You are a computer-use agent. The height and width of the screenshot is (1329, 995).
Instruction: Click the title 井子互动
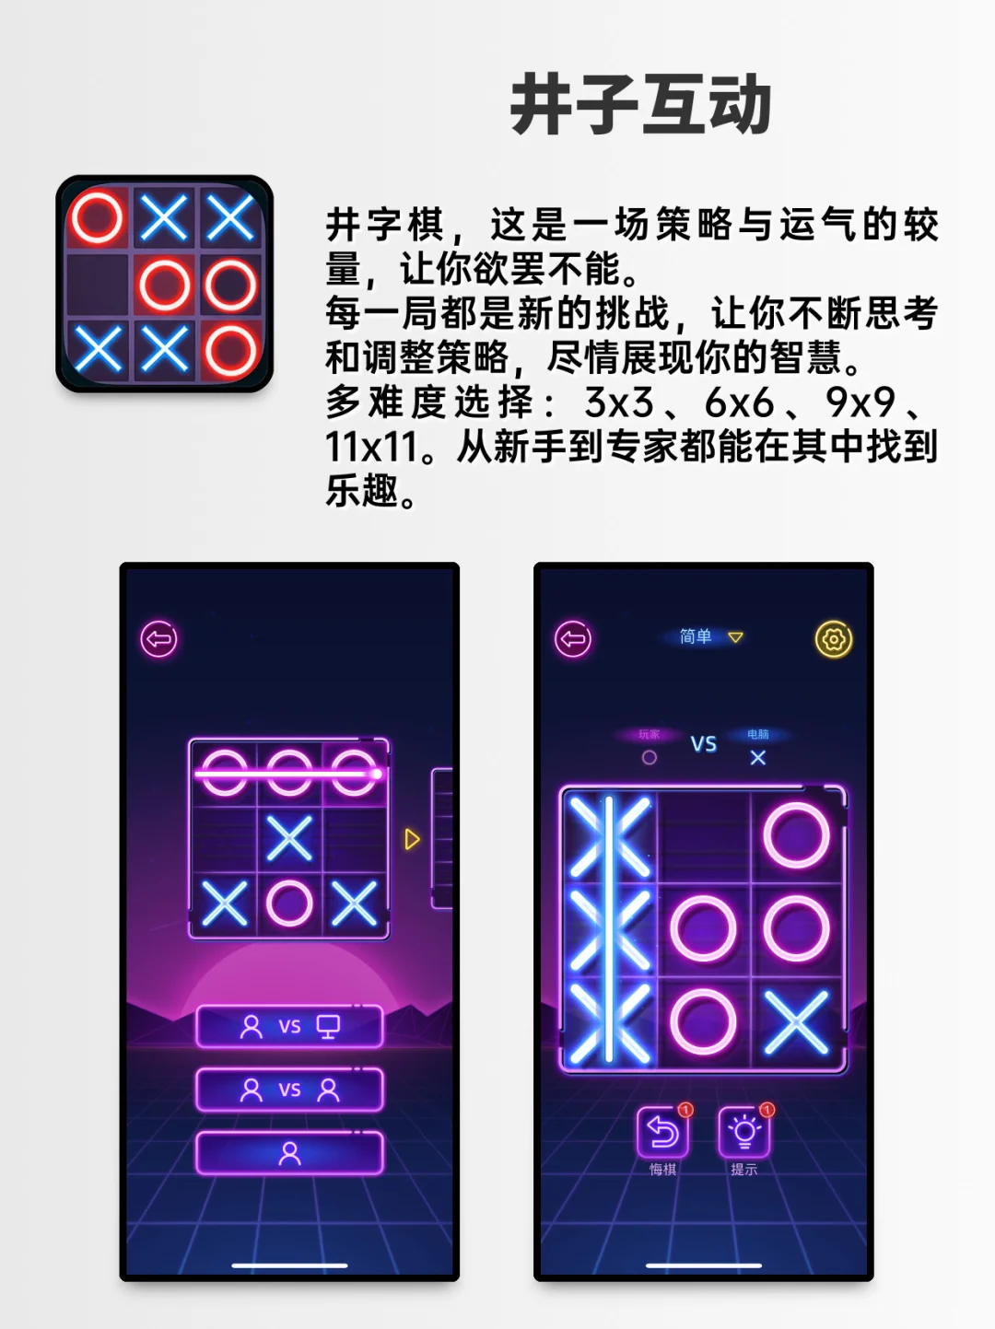pyautogui.click(x=640, y=105)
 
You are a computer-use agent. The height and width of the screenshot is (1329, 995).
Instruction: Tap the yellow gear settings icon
pyautogui.click(x=834, y=639)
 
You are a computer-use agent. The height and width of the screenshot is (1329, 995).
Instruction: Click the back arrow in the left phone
pyautogui.click(x=158, y=639)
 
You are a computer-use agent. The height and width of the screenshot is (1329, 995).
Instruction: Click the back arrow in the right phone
pyautogui.click(x=573, y=639)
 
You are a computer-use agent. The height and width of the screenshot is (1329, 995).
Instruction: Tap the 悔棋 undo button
pyautogui.click(x=662, y=1132)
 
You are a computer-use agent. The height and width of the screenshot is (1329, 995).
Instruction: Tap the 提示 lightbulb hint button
pyautogui.click(x=743, y=1132)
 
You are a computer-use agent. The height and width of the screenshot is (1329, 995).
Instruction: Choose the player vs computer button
pyautogui.click(x=289, y=1027)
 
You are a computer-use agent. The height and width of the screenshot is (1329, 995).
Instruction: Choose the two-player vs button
pyautogui.click(x=289, y=1090)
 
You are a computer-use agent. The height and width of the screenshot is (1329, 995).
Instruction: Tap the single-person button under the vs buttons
pyautogui.click(x=289, y=1153)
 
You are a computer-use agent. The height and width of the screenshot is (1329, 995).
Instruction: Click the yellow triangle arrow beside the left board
pyautogui.click(x=412, y=839)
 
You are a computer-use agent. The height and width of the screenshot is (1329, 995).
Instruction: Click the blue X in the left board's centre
pyautogui.click(x=289, y=839)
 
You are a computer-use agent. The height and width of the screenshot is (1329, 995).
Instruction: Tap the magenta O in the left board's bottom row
pyautogui.click(x=289, y=903)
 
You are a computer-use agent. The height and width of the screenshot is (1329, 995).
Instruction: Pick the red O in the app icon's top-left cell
pyautogui.click(x=98, y=218)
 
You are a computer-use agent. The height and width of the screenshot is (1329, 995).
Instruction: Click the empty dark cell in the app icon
pyautogui.click(x=98, y=285)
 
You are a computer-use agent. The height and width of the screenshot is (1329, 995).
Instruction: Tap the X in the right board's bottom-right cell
pyautogui.click(x=796, y=1021)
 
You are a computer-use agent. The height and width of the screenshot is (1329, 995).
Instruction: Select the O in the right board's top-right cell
pyautogui.click(x=796, y=835)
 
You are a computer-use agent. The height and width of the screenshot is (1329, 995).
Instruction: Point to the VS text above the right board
pyautogui.click(x=704, y=744)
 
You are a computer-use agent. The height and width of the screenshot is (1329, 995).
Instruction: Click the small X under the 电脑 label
pyautogui.click(x=757, y=757)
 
